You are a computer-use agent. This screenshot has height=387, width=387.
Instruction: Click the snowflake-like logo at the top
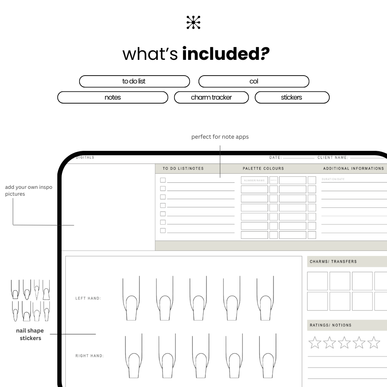point(193,22)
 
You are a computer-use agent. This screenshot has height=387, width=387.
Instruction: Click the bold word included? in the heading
point(226,53)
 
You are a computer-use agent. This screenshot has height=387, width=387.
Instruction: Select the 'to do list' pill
point(134,81)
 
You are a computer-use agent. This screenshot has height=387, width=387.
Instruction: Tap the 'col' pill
point(254,81)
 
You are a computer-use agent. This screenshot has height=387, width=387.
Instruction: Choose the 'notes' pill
point(113,97)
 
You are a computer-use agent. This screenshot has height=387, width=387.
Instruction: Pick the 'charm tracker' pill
point(211,97)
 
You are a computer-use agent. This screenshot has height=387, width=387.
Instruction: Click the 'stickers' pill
point(292,97)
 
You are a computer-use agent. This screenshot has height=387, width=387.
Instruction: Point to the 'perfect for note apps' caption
point(220,137)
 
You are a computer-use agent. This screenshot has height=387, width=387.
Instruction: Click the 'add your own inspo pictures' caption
point(29,190)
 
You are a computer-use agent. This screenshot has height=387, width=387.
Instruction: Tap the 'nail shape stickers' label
point(30,334)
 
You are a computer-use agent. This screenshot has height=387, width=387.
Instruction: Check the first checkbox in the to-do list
point(163,180)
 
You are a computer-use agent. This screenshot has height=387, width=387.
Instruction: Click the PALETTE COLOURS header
point(263,168)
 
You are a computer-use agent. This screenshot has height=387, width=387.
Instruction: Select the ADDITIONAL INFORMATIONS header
point(353,168)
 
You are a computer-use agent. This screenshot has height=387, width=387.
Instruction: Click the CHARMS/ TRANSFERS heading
point(333,262)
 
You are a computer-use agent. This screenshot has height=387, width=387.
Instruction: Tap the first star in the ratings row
point(315,343)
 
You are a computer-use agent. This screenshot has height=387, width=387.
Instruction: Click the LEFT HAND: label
point(88,298)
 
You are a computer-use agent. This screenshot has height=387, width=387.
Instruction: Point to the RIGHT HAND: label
point(89,356)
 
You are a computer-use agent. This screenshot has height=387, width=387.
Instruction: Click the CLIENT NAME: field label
point(333,158)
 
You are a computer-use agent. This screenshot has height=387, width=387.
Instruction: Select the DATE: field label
point(276,158)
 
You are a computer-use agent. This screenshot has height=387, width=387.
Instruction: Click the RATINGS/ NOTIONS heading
point(331,325)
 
